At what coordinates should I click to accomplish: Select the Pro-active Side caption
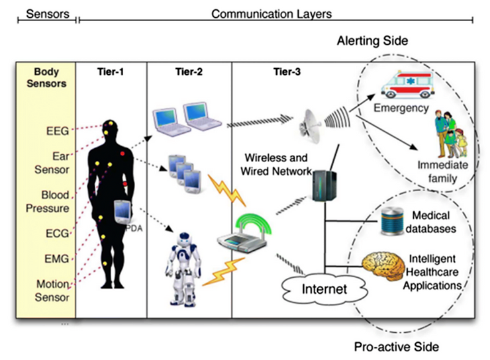pos(397,346)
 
